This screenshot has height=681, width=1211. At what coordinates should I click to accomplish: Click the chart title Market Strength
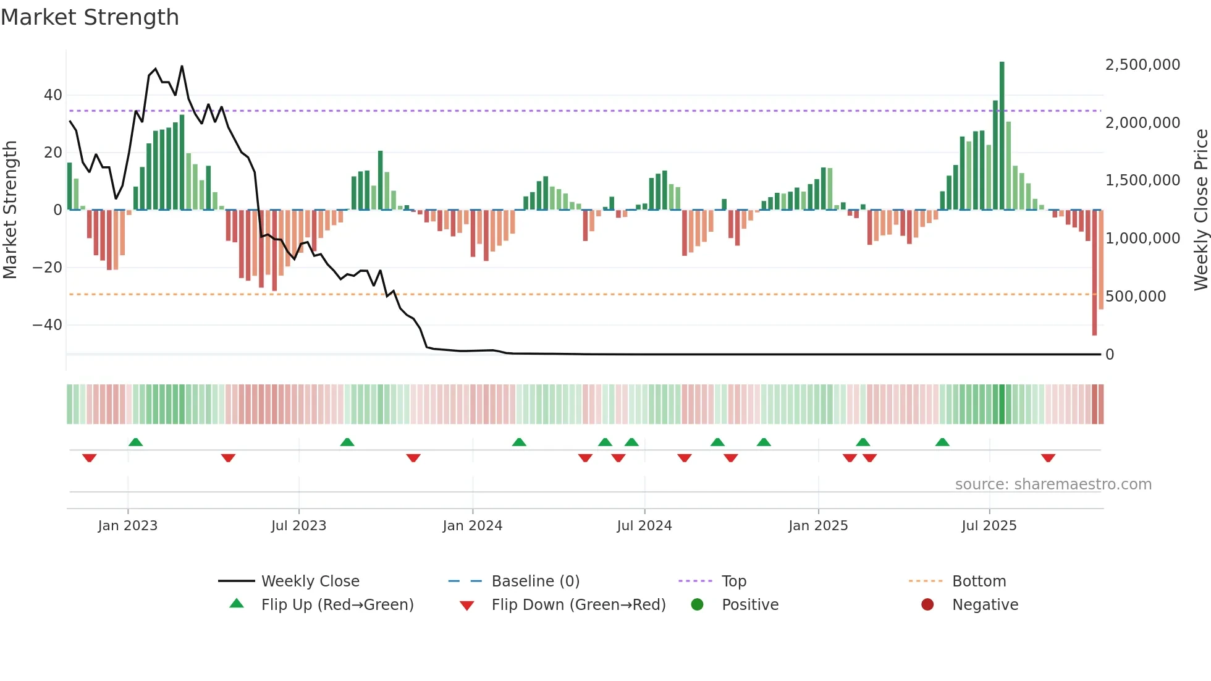point(90,17)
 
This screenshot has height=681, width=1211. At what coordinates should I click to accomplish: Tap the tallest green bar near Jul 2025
point(1002,136)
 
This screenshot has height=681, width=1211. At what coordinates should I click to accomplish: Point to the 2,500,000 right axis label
point(1142,65)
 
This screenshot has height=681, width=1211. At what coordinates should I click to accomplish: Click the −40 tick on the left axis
point(48,325)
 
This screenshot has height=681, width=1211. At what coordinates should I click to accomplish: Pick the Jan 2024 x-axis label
point(473,526)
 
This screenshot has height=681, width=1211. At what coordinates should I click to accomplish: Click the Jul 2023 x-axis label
point(298,526)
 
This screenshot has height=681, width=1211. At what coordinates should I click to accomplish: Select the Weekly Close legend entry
point(310,582)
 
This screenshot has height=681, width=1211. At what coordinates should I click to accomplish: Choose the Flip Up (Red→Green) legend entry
point(337,605)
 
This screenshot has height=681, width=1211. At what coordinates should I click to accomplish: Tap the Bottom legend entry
point(979,582)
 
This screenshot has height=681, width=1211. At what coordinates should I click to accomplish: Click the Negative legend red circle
point(927,605)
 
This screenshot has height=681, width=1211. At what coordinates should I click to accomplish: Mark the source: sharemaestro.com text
point(1053,484)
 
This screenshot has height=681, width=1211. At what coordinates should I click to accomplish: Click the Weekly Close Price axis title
point(1200,210)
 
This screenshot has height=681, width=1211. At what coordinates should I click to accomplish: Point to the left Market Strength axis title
point(10,210)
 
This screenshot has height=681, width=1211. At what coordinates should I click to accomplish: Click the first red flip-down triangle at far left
point(89,458)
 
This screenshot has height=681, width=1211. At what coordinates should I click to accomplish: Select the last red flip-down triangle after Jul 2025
point(1048,458)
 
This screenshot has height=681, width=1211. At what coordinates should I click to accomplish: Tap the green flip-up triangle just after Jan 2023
point(135,442)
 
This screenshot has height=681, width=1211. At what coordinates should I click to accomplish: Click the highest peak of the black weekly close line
point(182,66)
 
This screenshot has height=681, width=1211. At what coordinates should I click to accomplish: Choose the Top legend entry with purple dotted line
point(733,582)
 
